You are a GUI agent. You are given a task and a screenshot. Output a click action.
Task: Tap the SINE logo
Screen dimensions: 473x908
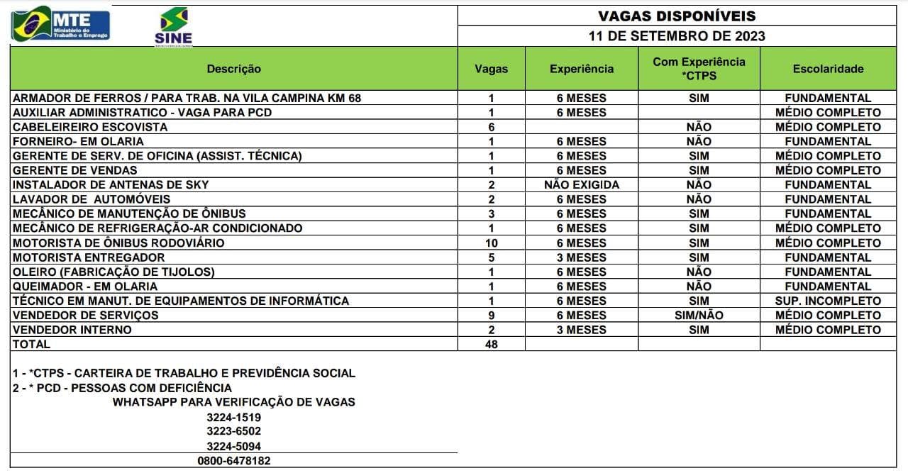[x=173, y=27]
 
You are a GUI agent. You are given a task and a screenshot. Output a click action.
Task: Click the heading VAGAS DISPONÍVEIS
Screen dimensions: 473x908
[x=676, y=16]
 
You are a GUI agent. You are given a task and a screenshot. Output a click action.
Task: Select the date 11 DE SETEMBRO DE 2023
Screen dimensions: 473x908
[x=677, y=36]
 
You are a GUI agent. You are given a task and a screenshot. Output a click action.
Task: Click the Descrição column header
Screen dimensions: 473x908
[x=233, y=69]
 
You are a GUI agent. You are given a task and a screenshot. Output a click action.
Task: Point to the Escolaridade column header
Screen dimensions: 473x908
[x=828, y=69]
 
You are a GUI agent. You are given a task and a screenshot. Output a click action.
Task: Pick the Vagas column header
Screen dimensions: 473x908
[x=491, y=69]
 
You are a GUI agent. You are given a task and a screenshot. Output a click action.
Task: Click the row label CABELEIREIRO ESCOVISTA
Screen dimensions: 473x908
[x=90, y=127]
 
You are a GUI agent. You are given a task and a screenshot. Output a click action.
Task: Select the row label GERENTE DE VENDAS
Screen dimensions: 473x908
[x=75, y=170]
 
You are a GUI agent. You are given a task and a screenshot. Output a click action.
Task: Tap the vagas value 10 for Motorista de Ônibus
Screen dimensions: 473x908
[x=491, y=243]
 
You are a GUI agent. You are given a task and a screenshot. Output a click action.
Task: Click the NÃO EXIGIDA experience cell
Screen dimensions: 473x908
[x=581, y=184]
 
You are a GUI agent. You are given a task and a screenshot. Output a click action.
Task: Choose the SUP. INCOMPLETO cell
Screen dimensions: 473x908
[x=828, y=301]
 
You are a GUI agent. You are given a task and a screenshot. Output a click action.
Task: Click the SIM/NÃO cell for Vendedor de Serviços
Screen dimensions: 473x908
[x=699, y=315]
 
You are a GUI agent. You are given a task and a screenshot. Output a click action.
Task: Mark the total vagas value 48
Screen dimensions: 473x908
[x=491, y=344]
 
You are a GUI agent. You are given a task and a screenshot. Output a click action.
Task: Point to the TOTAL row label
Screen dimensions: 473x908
[x=32, y=344]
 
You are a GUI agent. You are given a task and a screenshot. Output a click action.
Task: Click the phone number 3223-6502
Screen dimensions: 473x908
[x=233, y=431]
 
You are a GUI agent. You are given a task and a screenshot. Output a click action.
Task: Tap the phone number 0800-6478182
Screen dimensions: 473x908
[x=233, y=460]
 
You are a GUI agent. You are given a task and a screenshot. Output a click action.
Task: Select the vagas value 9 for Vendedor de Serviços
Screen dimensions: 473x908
[x=491, y=315]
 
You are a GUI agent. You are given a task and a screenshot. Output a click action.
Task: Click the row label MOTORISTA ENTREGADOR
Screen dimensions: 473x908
[x=89, y=257]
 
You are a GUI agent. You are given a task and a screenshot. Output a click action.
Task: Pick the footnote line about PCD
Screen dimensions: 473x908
[x=122, y=388]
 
